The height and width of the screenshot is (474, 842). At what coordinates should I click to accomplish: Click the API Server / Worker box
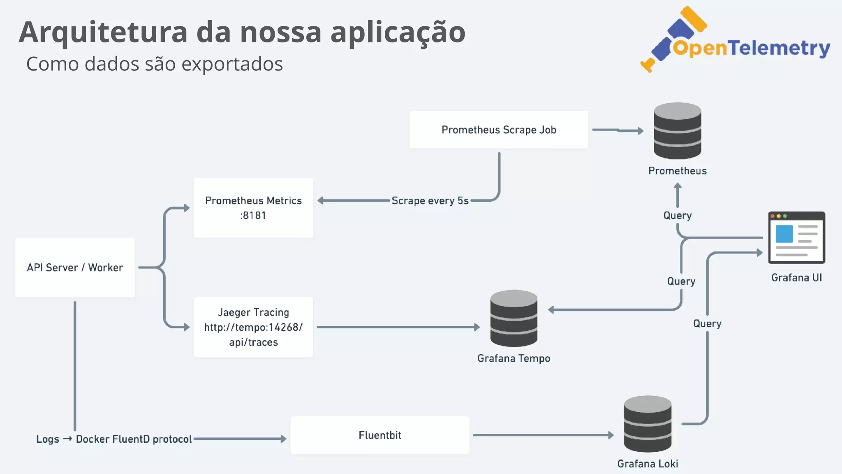tap(75, 267)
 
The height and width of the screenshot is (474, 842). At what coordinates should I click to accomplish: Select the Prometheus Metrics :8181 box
tap(253, 208)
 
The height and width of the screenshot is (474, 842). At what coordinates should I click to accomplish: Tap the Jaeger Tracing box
tap(253, 327)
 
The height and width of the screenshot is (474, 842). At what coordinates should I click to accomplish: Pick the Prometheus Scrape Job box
tap(499, 130)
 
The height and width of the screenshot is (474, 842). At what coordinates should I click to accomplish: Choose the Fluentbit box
tap(379, 435)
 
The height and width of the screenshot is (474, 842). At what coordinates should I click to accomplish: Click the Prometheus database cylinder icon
tap(677, 131)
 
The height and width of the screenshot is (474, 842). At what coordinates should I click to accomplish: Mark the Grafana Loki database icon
tap(648, 424)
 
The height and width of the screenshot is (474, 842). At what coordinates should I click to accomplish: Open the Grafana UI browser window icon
tap(796, 237)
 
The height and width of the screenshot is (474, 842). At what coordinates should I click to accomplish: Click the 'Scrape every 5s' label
tap(430, 201)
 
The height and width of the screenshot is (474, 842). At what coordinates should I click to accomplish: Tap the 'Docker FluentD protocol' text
tap(134, 439)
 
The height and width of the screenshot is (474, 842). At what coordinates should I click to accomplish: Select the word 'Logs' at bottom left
tap(48, 439)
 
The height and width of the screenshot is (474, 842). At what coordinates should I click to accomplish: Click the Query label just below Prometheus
tap(677, 216)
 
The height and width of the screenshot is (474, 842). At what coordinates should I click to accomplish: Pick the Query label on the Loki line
tap(707, 324)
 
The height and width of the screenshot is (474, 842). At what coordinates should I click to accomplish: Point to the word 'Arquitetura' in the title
tap(103, 32)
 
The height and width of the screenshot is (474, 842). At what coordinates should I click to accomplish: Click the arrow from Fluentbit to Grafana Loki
tap(543, 435)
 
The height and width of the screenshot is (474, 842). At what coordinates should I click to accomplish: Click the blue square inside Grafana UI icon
tap(784, 234)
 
